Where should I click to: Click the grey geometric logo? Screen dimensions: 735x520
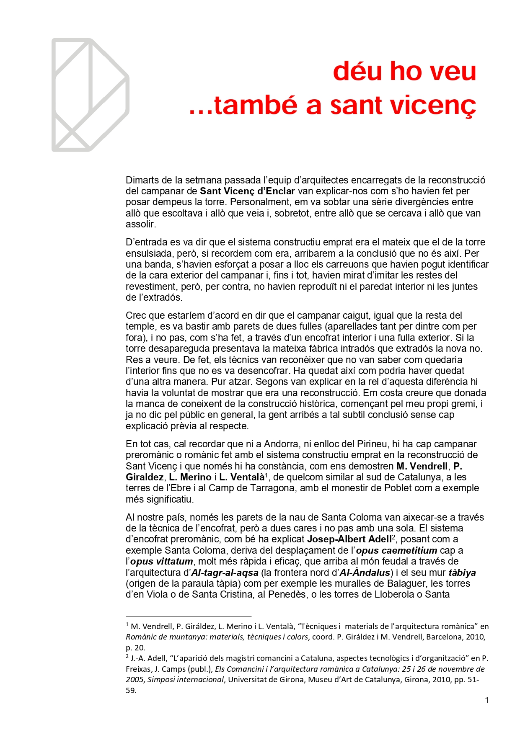(x=90, y=95)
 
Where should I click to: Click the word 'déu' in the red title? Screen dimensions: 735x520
(x=358, y=71)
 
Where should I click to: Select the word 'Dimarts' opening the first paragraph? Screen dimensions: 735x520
(x=142, y=181)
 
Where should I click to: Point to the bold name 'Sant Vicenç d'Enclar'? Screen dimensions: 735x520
(x=247, y=191)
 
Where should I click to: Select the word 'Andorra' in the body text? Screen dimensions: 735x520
(x=281, y=444)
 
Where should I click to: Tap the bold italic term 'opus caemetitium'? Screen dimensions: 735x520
(x=396, y=550)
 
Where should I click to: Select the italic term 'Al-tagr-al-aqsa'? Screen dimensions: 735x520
(x=225, y=573)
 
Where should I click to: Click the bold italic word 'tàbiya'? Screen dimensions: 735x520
(x=462, y=573)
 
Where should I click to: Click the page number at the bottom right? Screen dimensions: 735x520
(x=487, y=700)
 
